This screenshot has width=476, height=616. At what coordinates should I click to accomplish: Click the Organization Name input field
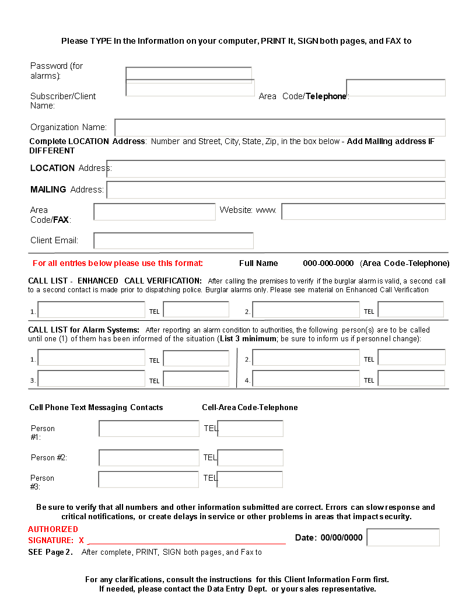[280, 128]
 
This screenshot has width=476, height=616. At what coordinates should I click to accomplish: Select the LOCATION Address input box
[276, 169]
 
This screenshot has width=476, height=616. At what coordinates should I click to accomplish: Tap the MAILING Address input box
[276, 190]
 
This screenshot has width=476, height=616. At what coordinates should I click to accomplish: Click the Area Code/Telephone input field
[395, 88]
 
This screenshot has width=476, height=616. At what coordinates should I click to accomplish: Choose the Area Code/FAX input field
[155, 212]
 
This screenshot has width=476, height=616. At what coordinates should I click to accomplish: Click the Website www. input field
[363, 212]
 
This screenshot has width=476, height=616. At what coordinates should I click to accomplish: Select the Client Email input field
[173, 241]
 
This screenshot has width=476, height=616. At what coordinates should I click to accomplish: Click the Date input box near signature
[403, 537]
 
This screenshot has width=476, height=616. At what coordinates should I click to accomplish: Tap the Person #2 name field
[149, 458]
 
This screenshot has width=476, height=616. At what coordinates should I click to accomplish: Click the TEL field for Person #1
[250, 429]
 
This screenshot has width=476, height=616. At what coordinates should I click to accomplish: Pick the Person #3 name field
[149, 480]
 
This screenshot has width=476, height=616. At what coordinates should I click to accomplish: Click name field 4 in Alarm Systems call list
[306, 379]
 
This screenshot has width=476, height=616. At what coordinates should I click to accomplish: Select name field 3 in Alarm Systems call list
[92, 379]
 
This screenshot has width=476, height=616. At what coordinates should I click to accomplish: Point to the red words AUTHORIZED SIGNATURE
[53, 535]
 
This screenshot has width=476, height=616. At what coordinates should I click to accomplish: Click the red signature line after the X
[187, 542]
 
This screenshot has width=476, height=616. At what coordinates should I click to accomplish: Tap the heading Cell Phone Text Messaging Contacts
[96, 408]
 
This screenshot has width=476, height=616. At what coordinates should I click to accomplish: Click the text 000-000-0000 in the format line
[328, 263]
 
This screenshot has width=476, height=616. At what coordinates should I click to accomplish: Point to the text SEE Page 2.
[51, 552]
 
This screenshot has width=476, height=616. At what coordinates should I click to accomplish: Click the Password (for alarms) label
[57, 71]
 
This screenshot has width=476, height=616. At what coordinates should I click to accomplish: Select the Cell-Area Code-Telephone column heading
[250, 408]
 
